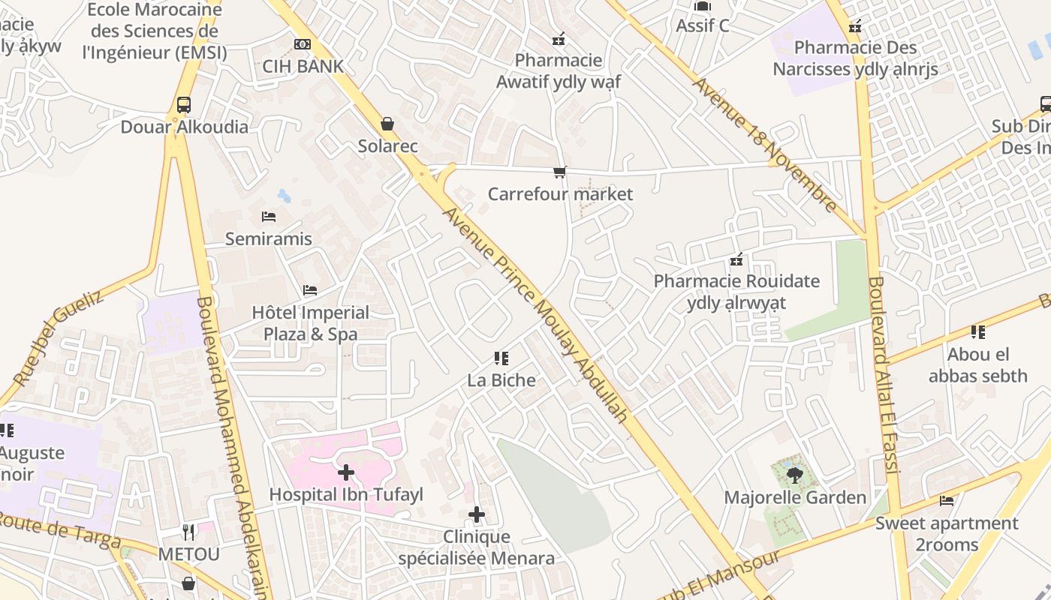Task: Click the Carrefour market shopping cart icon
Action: click(x=559, y=172)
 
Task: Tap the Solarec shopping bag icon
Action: click(x=387, y=124)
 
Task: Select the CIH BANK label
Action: click(x=303, y=66)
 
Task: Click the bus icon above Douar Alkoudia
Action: click(x=184, y=105)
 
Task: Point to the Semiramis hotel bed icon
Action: click(x=269, y=217)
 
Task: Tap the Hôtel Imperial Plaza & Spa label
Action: click(x=311, y=323)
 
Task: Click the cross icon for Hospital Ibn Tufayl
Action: click(x=346, y=472)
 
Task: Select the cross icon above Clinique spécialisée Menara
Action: click(x=477, y=514)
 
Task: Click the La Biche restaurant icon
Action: click(x=501, y=358)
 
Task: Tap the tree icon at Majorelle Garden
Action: click(x=795, y=474)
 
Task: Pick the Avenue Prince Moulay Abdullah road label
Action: click(x=535, y=313)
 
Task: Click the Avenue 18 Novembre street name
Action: click(x=765, y=145)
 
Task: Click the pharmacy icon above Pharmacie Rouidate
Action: click(x=736, y=259)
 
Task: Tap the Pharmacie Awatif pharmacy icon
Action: click(x=559, y=38)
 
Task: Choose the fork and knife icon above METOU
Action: click(x=189, y=532)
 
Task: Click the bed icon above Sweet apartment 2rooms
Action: click(x=947, y=500)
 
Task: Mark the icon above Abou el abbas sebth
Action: click(x=977, y=331)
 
